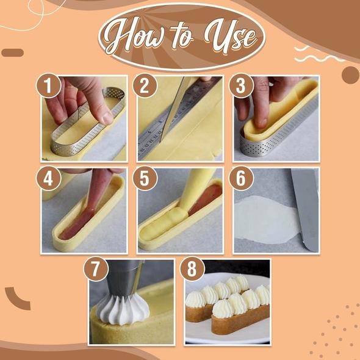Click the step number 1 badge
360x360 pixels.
tap(49, 85)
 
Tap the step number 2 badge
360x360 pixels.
tap(145, 85)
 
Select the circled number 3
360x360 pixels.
tap(241, 85)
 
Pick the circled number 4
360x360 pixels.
tap(49, 178)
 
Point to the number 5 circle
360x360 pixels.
tap(145, 178)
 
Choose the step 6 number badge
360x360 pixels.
tap(241, 178)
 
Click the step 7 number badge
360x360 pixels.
tap(96, 269)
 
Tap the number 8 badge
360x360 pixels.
tap(192, 269)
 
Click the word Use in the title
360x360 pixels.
tap(231, 37)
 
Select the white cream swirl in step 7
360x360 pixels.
tap(123, 309)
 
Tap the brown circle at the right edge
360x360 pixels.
tap(351, 75)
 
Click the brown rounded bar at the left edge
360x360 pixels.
tap(13, 53)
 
